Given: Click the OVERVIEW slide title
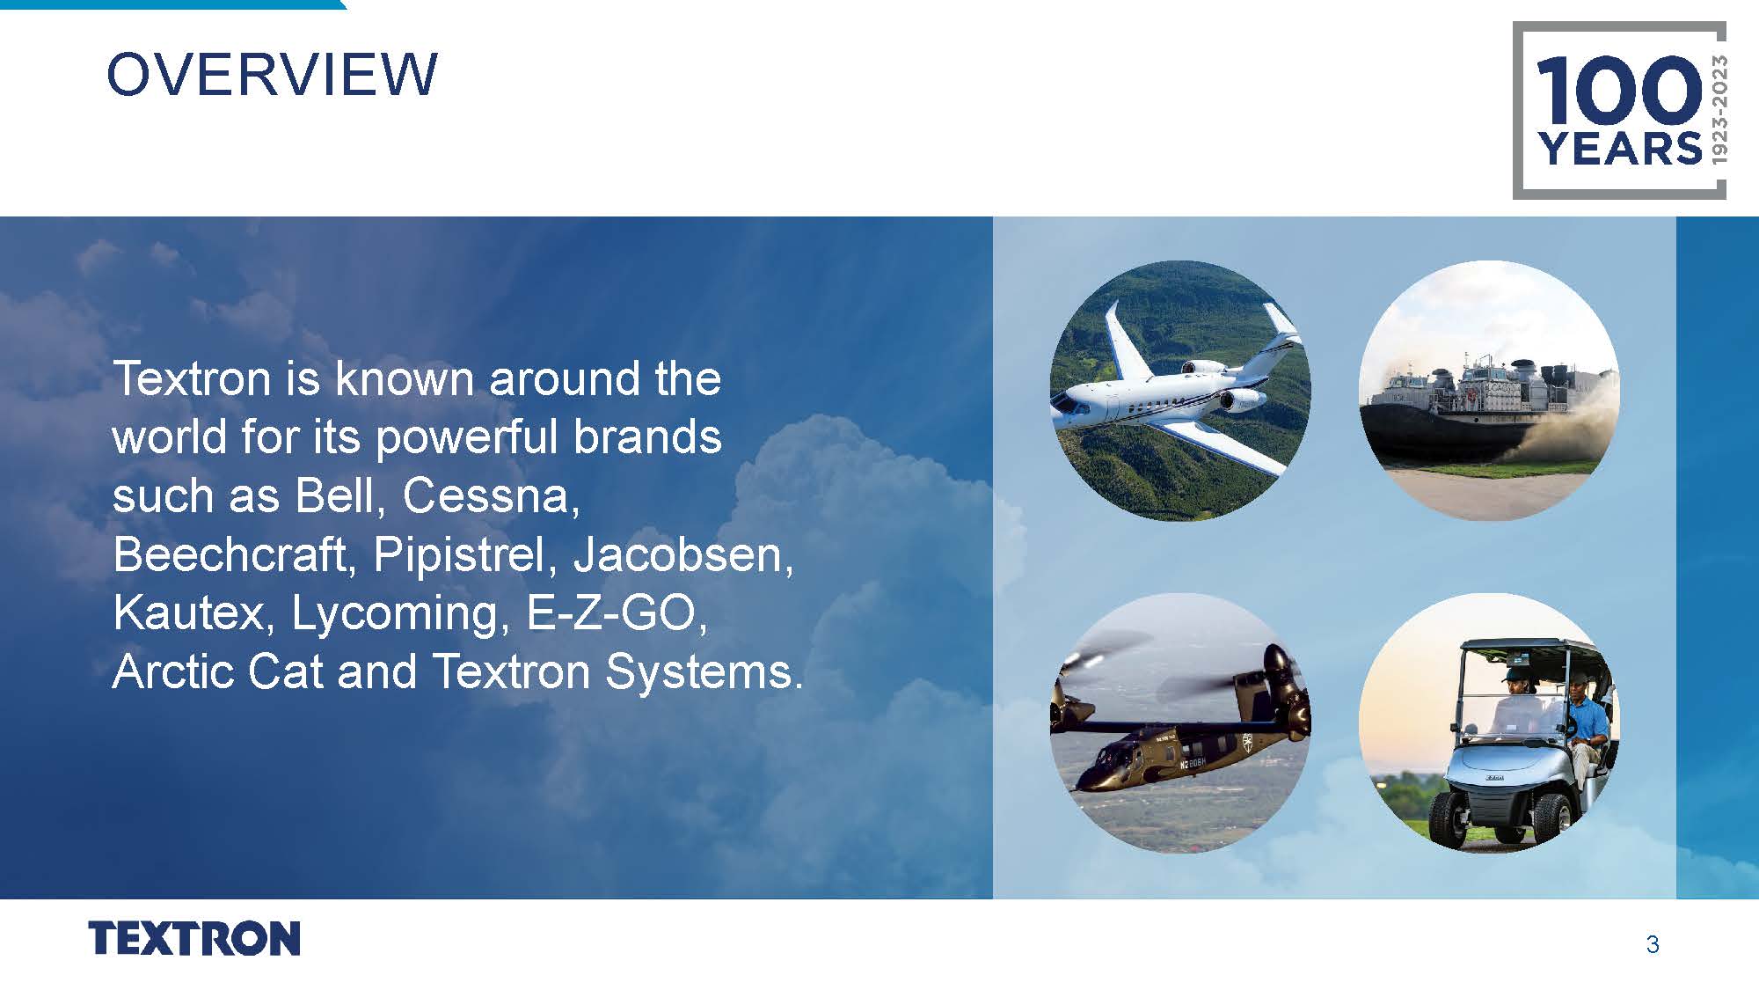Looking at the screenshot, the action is pos(271,74).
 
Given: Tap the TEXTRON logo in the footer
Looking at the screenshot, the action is pos(194,938).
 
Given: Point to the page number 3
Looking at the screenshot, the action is pos(1653,945).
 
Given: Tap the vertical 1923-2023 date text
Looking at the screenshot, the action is pos(1719,108).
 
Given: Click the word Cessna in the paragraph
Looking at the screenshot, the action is pos(490,496).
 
